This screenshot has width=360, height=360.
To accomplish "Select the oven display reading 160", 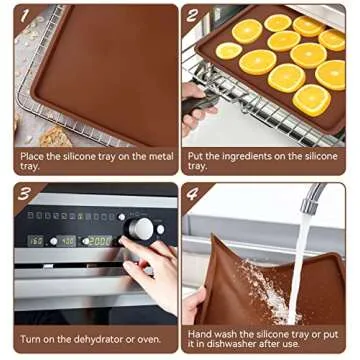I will (37, 241).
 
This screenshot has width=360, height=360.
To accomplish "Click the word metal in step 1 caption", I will (145, 155).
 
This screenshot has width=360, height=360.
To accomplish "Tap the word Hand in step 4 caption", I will (200, 333).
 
